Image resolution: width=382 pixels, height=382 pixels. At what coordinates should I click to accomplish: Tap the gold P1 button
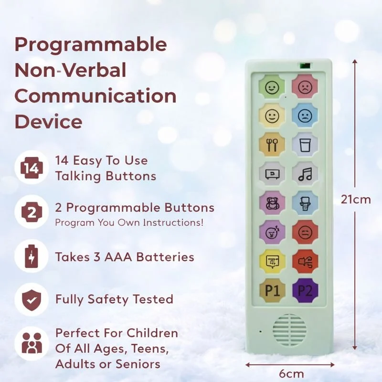(272, 290)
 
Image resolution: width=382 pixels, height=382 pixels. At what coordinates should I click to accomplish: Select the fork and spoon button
(272, 144)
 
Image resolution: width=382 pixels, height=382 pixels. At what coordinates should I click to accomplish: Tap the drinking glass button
(305, 144)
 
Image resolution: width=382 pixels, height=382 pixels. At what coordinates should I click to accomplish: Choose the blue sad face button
(305, 116)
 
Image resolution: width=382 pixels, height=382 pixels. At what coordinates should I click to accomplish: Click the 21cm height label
(355, 200)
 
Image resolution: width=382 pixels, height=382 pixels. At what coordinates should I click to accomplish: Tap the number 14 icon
(31, 168)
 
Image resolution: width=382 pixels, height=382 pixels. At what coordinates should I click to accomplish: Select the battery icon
(31, 256)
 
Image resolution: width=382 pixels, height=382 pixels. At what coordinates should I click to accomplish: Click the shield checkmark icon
(31, 299)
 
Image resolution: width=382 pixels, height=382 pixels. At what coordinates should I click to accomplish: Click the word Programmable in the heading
(91, 45)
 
